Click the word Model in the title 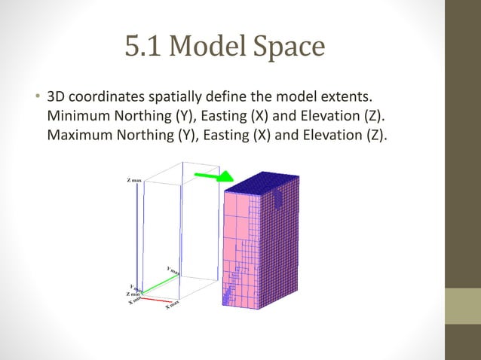(x=203, y=48)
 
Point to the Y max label (x=173, y=270)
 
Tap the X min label (x=135, y=301)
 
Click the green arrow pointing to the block (x=213, y=177)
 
